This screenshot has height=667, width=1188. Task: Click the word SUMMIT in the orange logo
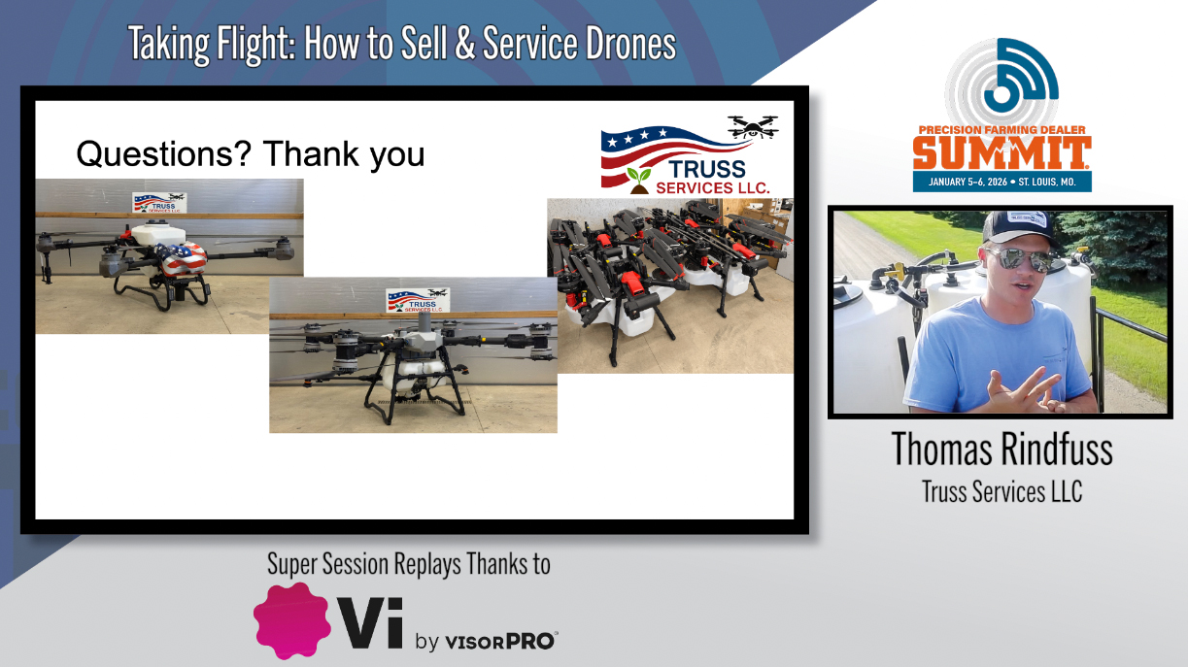pyautogui.click(x=1001, y=153)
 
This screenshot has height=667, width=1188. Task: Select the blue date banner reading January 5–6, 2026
pyautogui.click(x=1001, y=182)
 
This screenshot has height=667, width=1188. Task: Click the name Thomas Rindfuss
pyautogui.click(x=1001, y=450)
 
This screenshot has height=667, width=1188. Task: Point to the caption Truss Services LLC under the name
pyautogui.click(x=1001, y=491)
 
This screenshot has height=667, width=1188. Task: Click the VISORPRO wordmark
pyautogui.click(x=500, y=641)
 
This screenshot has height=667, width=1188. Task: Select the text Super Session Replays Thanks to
pyautogui.click(x=408, y=564)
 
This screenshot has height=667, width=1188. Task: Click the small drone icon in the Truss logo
pyautogui.click(x=752, y=127)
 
